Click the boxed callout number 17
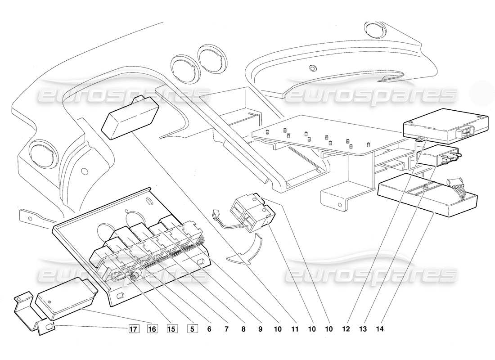(x=133, y=329)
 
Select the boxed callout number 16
(x=152, y=329)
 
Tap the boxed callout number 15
(x=171, y=329)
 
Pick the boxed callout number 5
(x=191, y=329)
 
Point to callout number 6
(x=210, y=329)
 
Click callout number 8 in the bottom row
(x=243, y=329)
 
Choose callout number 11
(x=294, y=329)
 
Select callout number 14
(x=380, y=329)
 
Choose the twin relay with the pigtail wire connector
(x=250, y=211)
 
